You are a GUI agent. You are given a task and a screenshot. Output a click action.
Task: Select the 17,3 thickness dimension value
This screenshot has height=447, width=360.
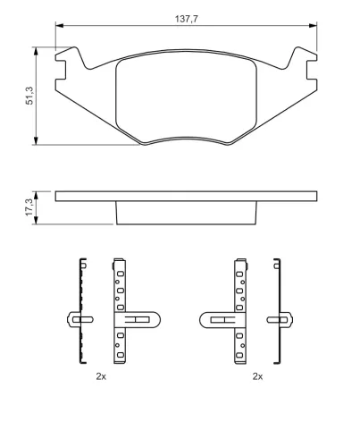point(29,207)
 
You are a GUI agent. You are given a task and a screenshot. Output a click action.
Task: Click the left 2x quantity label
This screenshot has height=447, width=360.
point(101,376)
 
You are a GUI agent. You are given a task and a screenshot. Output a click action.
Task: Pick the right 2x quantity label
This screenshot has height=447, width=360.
point(257,376)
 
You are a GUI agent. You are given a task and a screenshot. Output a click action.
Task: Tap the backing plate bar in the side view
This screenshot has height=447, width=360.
point(186,195)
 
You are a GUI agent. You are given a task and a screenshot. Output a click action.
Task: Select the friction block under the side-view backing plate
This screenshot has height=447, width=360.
point(186,213)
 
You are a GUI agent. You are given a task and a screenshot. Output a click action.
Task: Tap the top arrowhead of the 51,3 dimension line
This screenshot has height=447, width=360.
point(37,52)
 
